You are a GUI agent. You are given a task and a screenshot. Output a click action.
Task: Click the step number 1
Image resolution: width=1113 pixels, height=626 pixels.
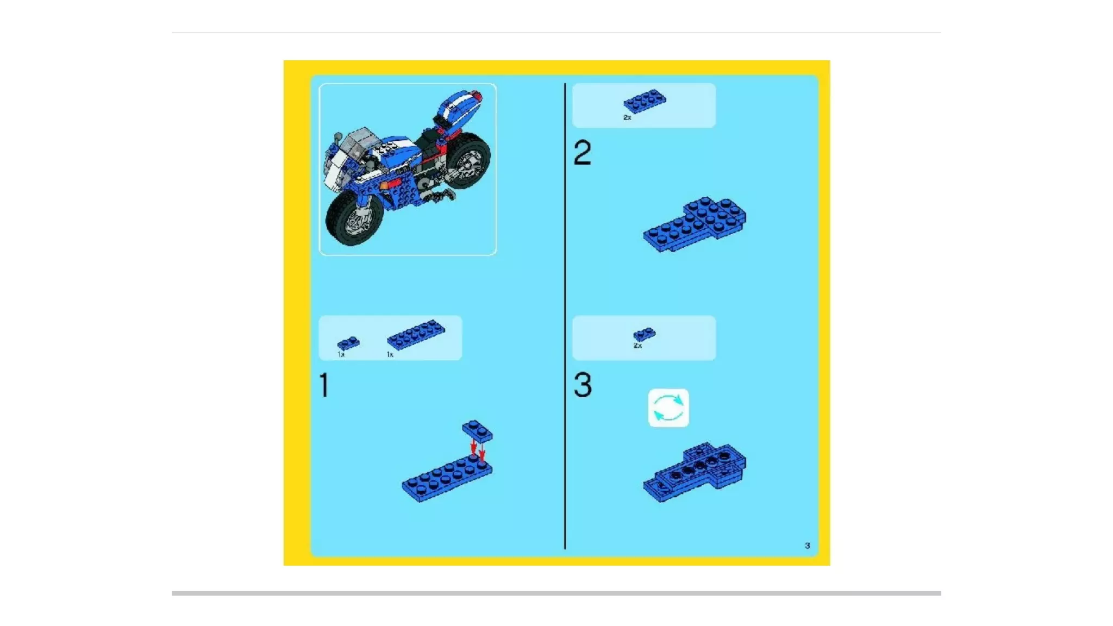(324, 385)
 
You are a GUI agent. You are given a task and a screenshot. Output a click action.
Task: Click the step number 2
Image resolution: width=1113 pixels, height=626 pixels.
(582, 152)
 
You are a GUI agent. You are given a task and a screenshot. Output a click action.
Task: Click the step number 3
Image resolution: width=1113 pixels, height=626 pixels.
(583, 385)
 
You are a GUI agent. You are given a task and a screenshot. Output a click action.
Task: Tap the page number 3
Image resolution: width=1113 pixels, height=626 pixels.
(808, 545)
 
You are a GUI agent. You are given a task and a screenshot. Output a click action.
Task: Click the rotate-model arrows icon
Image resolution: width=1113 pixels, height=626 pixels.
(668, 408)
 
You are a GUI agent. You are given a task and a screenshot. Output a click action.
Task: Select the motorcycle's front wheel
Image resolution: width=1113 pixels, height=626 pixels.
(354, 217)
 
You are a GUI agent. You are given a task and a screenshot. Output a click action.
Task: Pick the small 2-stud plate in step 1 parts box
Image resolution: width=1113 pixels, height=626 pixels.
(348, 343)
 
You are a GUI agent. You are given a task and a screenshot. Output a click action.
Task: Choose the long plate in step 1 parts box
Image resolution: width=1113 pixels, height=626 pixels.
(416, 334)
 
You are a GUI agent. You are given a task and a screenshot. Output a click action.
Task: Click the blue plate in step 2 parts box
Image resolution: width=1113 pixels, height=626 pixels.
(645, 101)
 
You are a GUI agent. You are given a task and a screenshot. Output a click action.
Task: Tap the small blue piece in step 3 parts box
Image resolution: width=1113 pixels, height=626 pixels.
(645, 334)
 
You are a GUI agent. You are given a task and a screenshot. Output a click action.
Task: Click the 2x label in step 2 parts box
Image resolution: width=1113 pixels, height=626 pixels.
(627, 117)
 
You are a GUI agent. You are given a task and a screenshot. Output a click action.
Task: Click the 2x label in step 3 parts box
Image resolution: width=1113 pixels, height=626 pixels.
(637, 346)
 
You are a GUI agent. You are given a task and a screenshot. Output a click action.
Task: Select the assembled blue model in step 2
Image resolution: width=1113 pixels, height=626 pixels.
(695, 224)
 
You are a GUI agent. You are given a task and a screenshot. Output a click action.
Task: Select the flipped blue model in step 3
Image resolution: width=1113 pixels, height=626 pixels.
(695, 472)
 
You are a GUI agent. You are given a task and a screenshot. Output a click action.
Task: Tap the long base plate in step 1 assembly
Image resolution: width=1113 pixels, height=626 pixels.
(447, 479)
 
